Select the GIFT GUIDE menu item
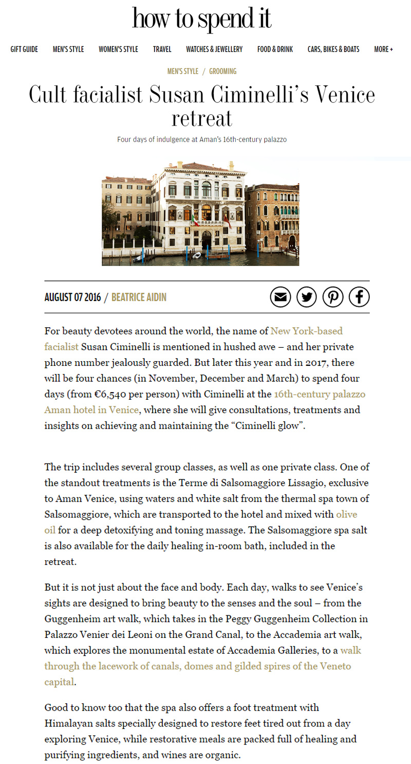(x=24, y=49)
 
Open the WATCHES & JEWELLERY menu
(x=214, y=49)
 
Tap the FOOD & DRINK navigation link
(x=275, y=49)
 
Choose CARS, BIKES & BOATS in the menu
(x=333, y=49)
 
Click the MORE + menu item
(x=383, y=49)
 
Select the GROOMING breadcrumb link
(x=222, y=72)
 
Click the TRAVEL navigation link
(x=162, y=49)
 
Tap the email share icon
(x=281, y=297)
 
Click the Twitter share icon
(x=307, y=297)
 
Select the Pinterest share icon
(x=333, y=297)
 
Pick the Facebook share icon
(x=359, y=297)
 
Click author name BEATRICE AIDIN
(x=139, y=297)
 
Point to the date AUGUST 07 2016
(x=72, y=297)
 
